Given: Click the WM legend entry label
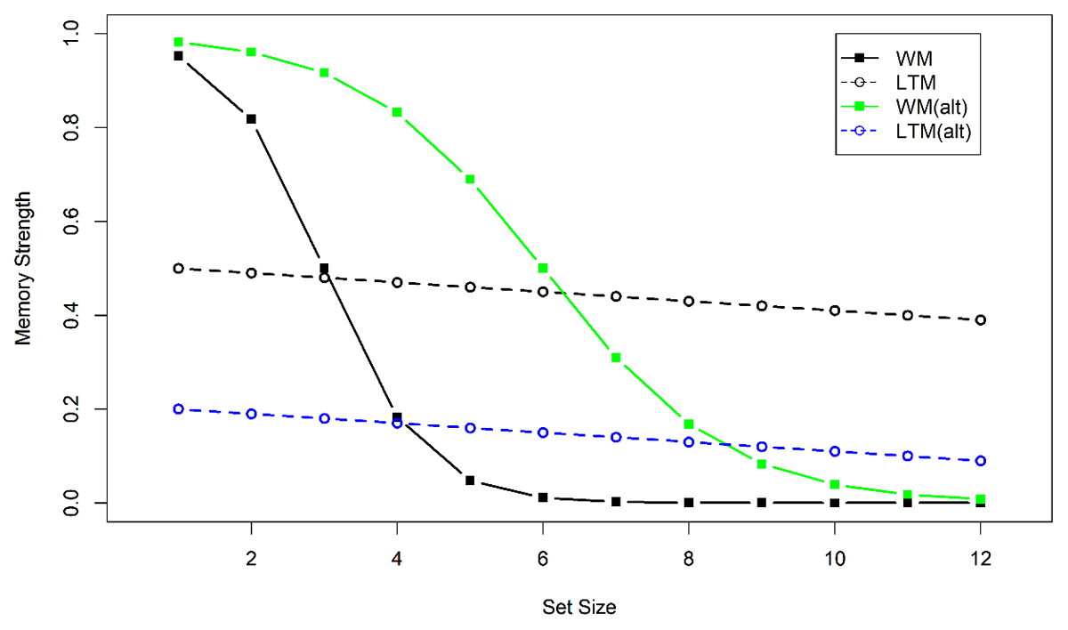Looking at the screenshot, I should click(x=915, y=58).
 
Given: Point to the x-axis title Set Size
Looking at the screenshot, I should click(x=579, y=608).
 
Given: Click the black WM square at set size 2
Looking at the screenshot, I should click(x=252, y=118).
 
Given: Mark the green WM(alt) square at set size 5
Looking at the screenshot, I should click(x=470, y=179).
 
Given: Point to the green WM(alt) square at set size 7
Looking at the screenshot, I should click(x=616, y=358).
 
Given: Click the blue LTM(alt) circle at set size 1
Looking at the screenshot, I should click(x=179, y=409).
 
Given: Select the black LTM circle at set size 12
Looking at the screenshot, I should click(x=980, y=320).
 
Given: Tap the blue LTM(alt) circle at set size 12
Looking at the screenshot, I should click(x=980, y=461).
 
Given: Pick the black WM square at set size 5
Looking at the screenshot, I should click(x=470, y=481).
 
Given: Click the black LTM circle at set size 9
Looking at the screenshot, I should click(x=762, y=306).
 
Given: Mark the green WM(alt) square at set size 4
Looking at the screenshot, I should click(x=397, y=112).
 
